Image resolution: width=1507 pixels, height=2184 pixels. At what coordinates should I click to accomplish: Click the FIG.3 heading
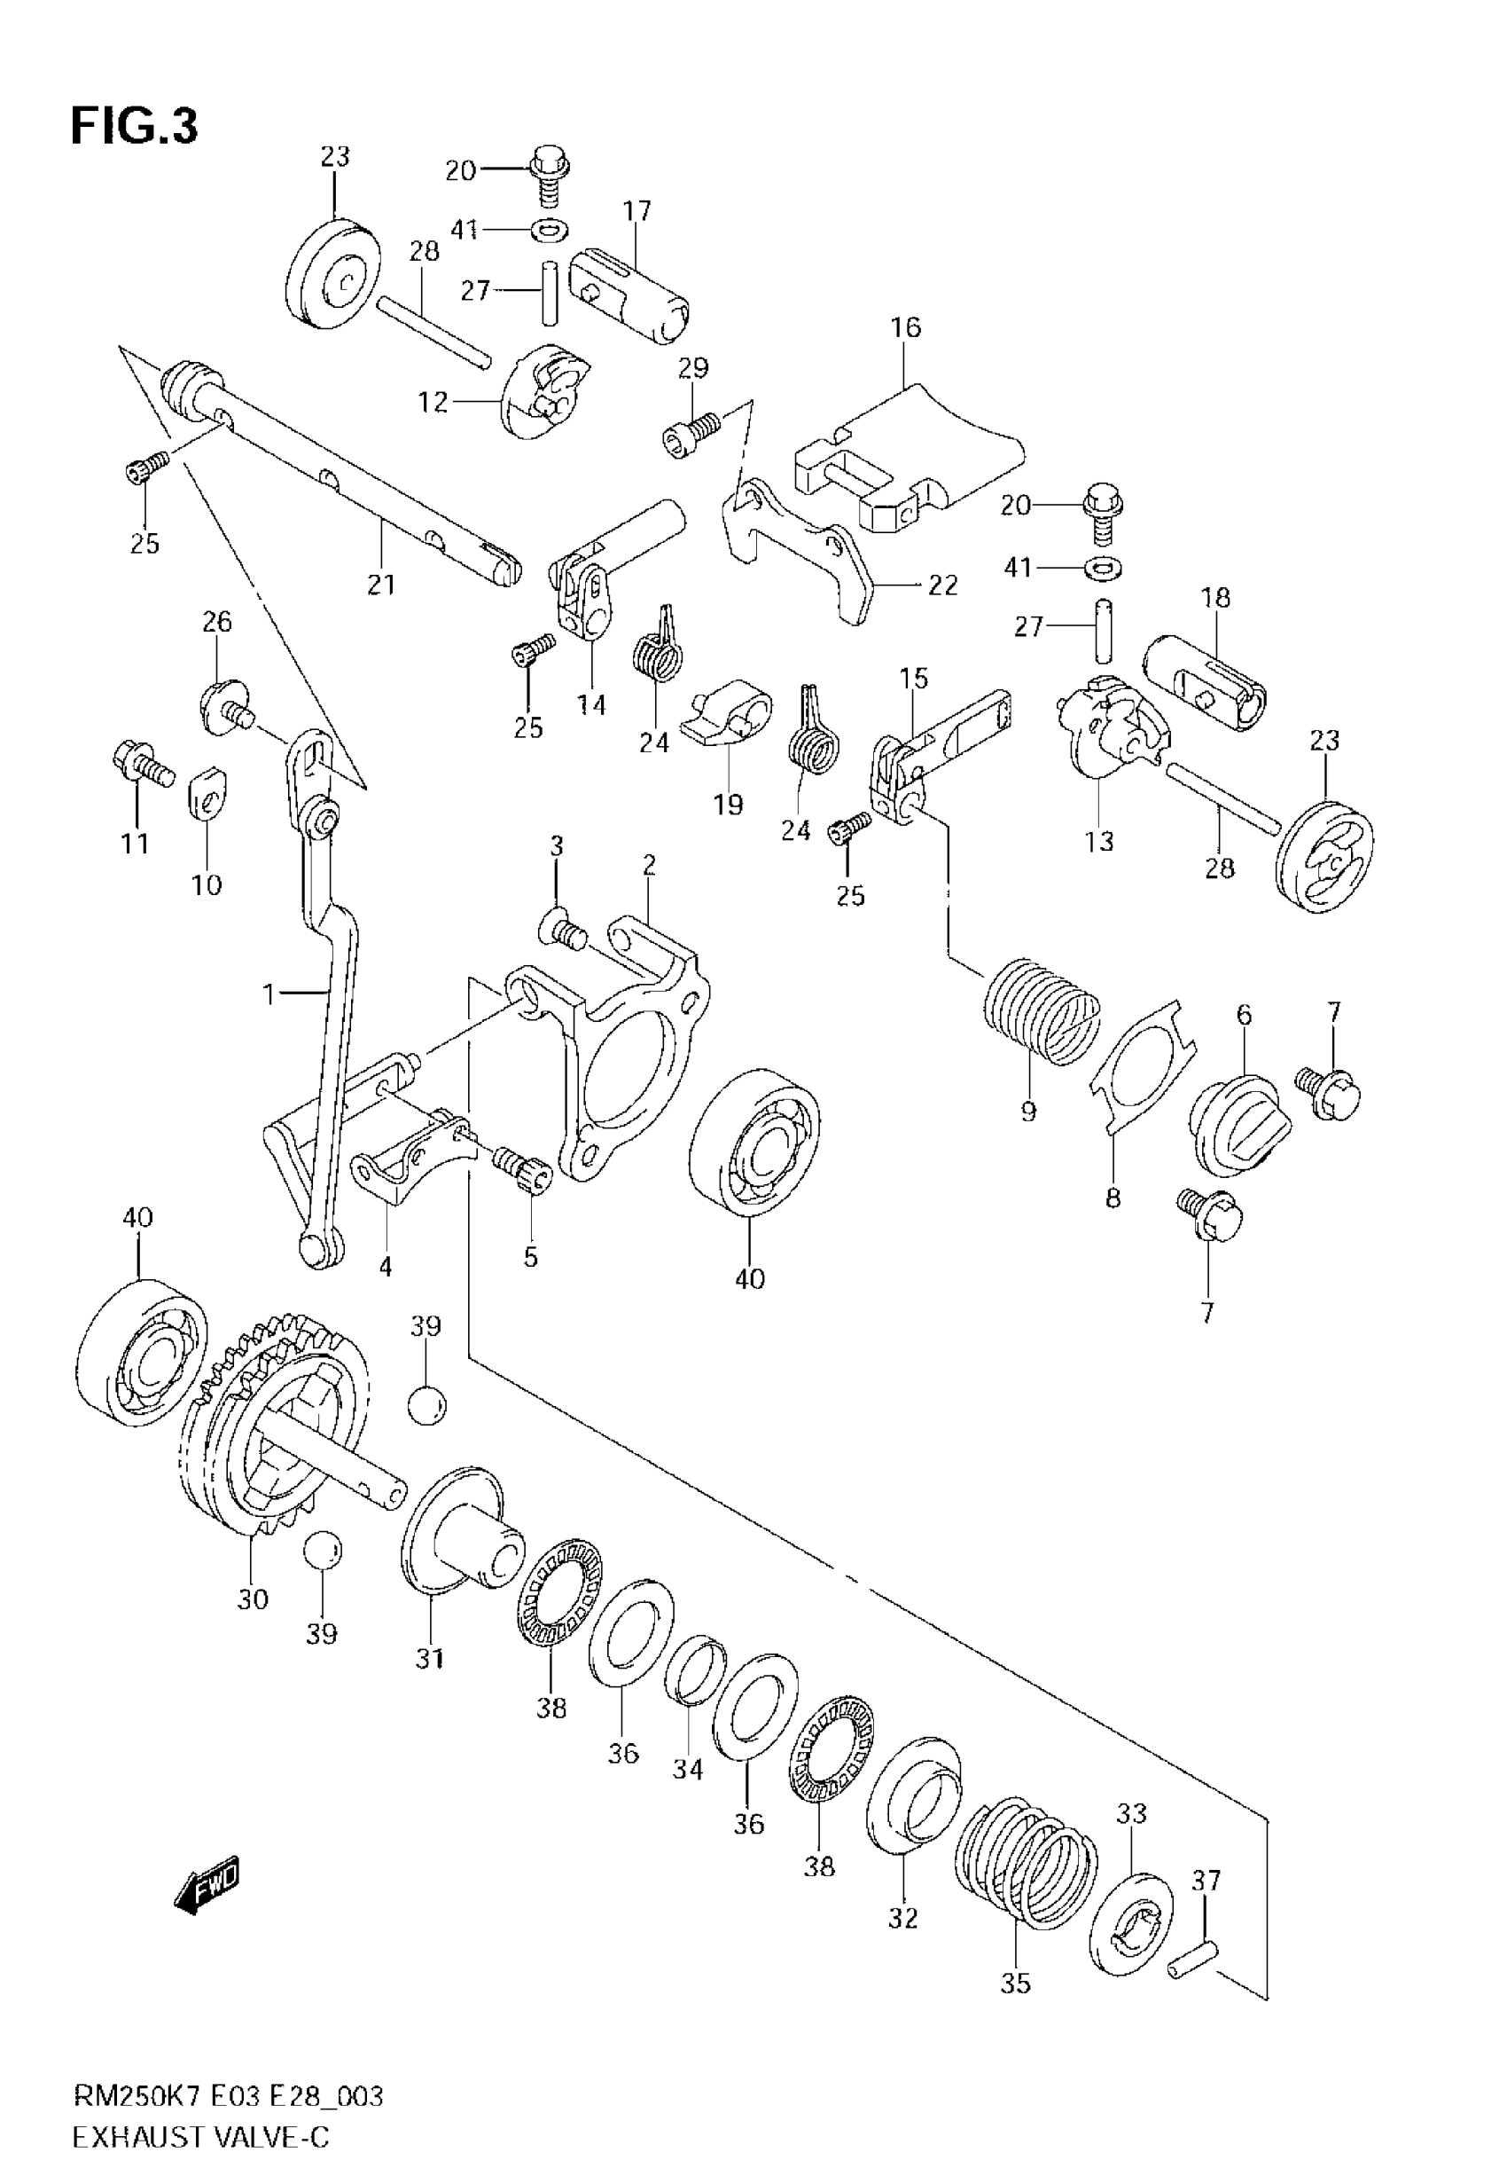pyautogui.click(x=135, y=127)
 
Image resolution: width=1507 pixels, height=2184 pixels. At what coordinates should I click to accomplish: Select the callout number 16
pyautogui.click(x=904, y=328)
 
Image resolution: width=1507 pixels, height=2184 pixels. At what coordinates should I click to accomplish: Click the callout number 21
pyautogui.click(x=381, y=585)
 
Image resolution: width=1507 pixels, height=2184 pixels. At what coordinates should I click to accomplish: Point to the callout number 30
pyautogui.click(x=252, y=1599)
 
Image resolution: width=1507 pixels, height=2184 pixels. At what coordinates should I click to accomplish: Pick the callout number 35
pyautogui.click(x=1015, y=1984)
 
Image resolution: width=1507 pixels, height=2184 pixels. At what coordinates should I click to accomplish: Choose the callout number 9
pyautogui.click(x=1028, y=1112)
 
